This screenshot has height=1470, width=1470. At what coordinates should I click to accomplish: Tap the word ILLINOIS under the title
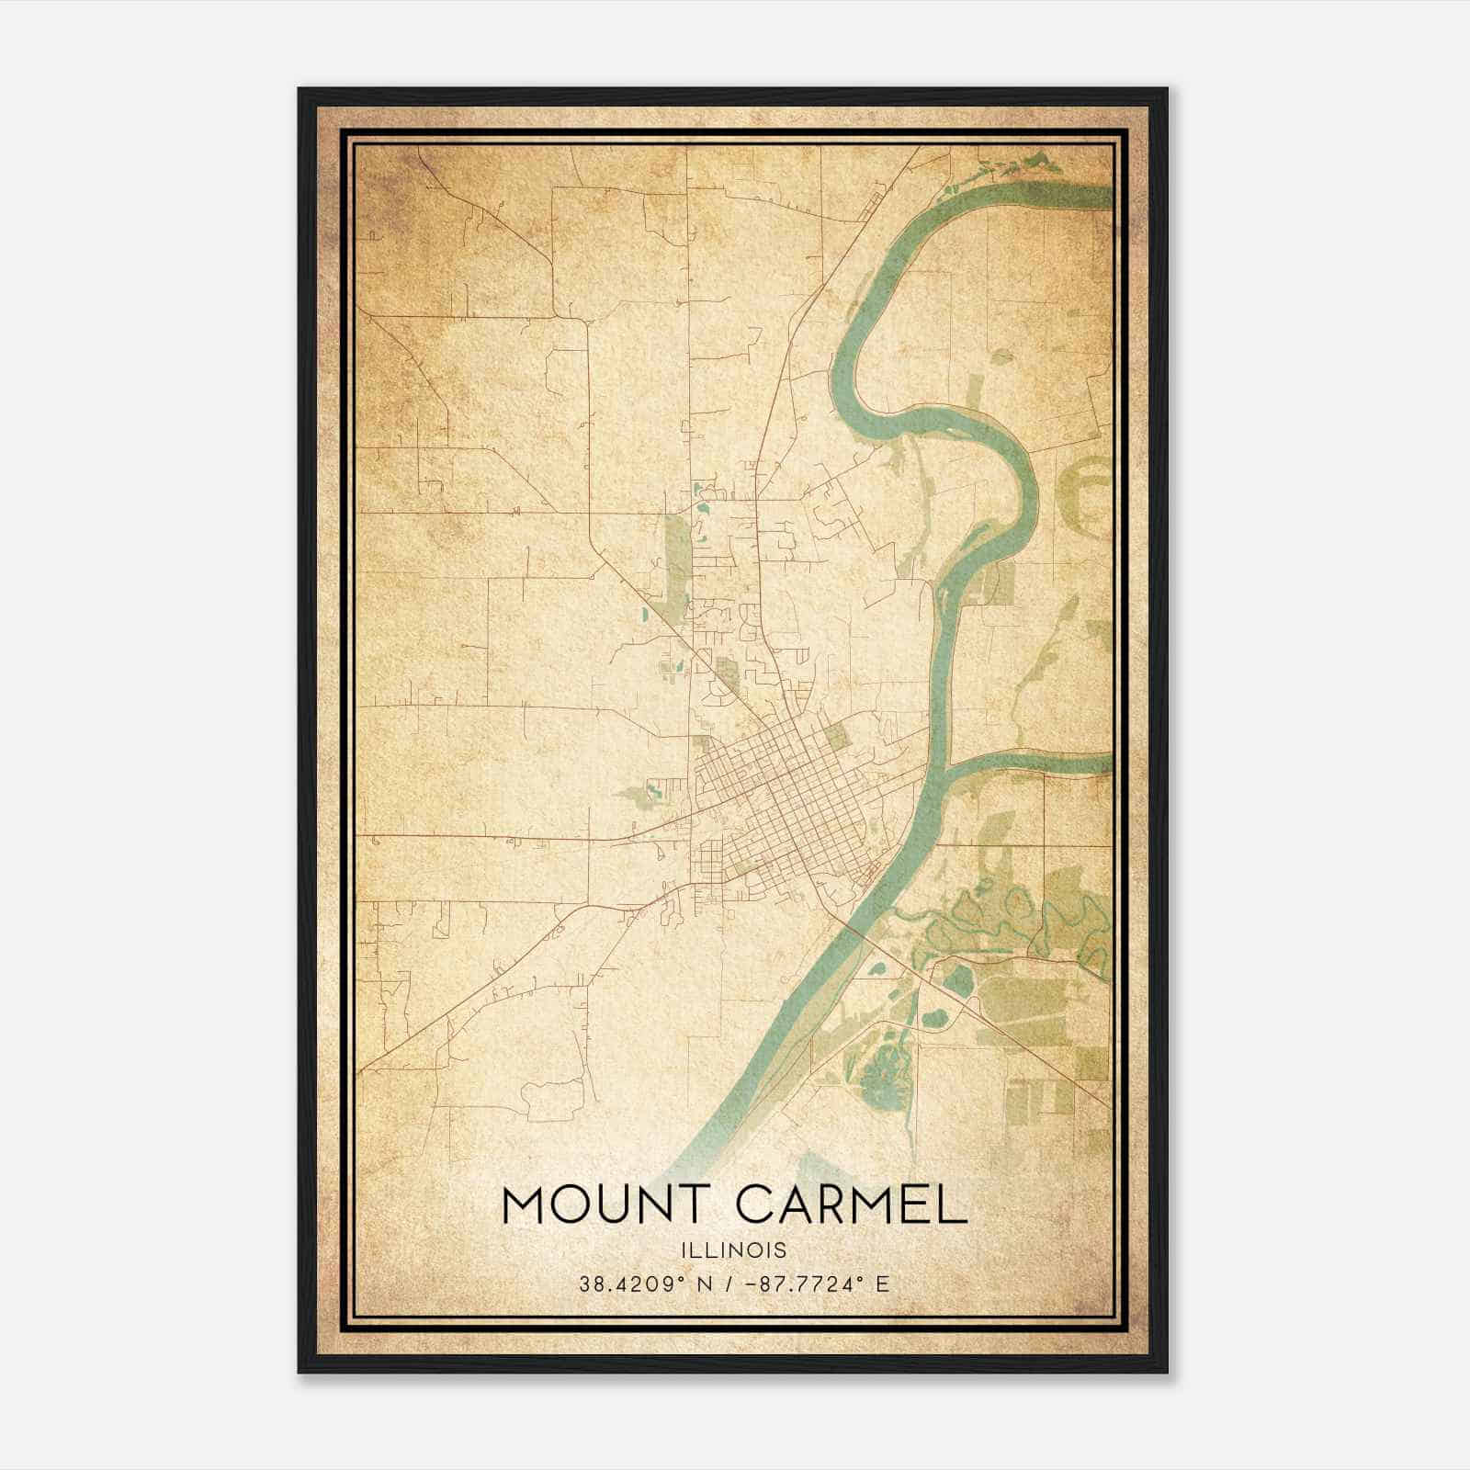[x=734, y=1249]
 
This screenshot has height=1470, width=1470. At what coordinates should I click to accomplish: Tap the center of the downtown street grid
[x=781, y=799]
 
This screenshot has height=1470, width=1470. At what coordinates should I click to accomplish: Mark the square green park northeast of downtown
[x=836, y=735]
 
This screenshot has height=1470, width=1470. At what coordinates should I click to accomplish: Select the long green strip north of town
[x=676, y=560]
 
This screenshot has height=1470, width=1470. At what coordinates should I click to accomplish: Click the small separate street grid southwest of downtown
[x=712, y=859]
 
